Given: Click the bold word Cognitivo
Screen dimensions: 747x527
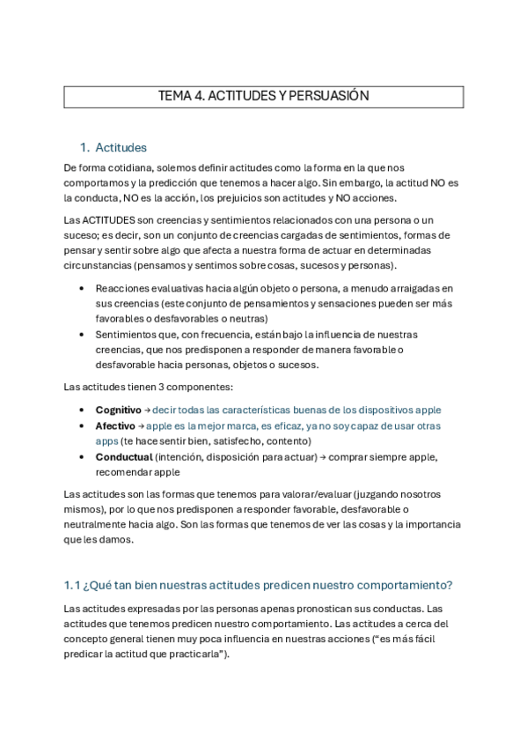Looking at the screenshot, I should coord(118,410).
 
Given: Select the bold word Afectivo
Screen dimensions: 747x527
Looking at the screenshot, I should coord(114,425).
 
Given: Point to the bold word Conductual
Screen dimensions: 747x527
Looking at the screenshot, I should coord(123,456).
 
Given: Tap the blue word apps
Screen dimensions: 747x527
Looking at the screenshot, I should coord(106,440).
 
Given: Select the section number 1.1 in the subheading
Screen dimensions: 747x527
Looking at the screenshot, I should coord(73,586).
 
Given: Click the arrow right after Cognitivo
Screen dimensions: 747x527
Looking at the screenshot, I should coord(147,410).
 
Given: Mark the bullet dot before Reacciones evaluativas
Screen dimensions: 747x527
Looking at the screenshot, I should coord(82,288).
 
